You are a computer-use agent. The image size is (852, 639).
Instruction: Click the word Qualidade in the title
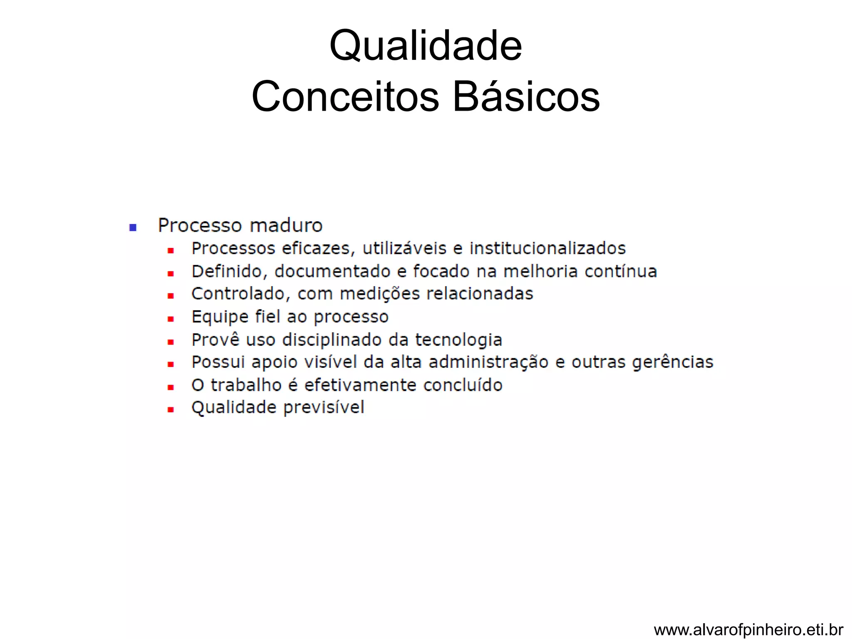point(425,46)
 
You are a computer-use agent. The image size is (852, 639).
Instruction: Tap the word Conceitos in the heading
point(345,97)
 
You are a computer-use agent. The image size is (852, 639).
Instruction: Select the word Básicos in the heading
point(526,97)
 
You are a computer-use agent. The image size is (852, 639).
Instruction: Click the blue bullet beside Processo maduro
point(133,227)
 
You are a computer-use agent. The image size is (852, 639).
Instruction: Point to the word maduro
point(286,225)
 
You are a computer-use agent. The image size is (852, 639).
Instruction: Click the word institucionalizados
point(547,248)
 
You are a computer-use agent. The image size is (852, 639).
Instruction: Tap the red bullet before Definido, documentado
point(171,274)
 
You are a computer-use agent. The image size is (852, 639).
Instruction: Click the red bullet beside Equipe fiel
point(171,319)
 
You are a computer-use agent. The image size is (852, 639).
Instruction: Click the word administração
point(488,362)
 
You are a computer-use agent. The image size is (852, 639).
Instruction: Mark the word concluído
point(463,385)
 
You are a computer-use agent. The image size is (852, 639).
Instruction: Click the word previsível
point(324,408)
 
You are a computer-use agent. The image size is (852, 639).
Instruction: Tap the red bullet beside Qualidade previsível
point(171,410)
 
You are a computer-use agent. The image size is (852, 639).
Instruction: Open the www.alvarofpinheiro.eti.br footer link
point(748,630)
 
